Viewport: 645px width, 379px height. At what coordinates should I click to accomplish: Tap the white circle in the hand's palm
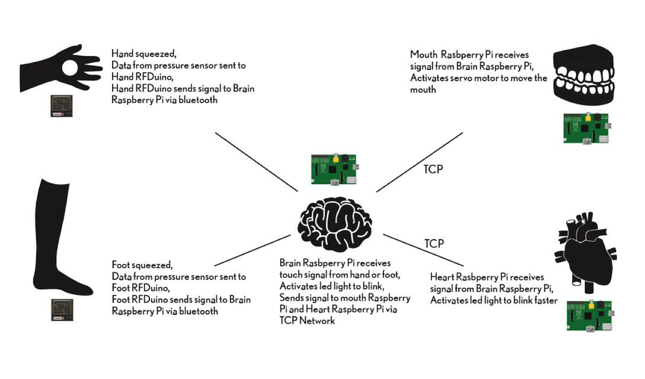coord(70,69)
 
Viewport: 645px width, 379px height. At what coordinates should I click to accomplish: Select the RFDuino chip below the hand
coord(61,106)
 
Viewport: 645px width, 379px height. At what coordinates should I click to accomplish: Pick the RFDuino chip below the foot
coord(62,310)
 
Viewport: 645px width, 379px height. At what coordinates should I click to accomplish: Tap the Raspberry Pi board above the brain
coord(334,169)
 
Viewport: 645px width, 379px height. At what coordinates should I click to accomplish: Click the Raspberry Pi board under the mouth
coord(585,128)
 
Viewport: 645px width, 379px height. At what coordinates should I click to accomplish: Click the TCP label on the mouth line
coord(433,170)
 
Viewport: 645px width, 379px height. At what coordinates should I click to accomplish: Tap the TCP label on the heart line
coord(434,243)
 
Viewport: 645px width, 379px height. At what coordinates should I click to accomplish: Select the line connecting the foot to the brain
coord(252,250)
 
